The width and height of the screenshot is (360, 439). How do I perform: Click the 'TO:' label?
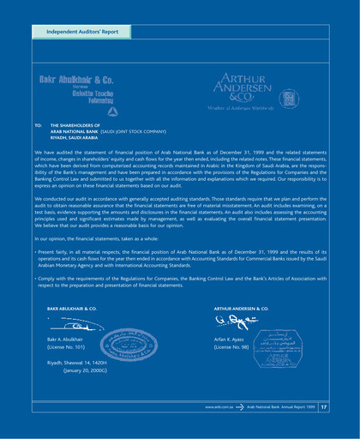pyautogui.click(x=37, y=124)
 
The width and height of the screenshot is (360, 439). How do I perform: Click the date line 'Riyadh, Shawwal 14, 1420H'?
pyautogui.click(x=85, y=364)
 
